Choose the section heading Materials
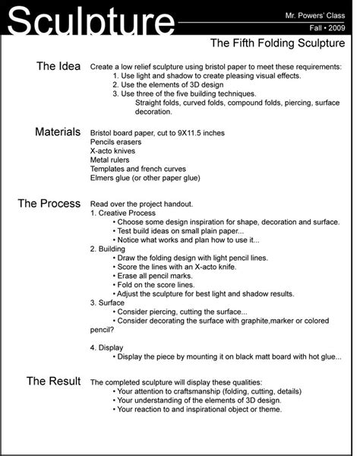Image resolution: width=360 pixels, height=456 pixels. pyautogui.click(x=58, y=131)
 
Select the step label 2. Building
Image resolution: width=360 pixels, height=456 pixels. pyautogui.click(x=109, y=248)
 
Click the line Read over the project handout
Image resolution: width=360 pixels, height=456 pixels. pyautogui.click(x=141, y=204)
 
